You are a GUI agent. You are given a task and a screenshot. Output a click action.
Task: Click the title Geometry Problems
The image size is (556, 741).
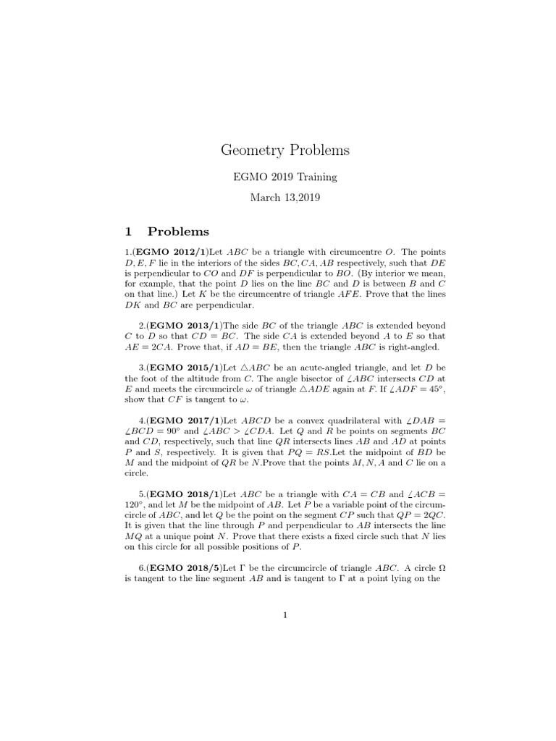tap(285, 151)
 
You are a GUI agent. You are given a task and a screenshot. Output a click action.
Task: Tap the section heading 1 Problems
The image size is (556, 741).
tap(167, 232)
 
